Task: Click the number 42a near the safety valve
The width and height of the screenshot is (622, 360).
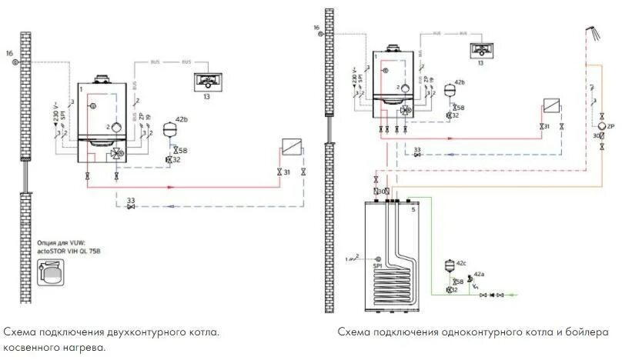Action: coord(480,275)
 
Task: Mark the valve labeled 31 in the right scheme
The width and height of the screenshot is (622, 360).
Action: coord(543,125)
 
